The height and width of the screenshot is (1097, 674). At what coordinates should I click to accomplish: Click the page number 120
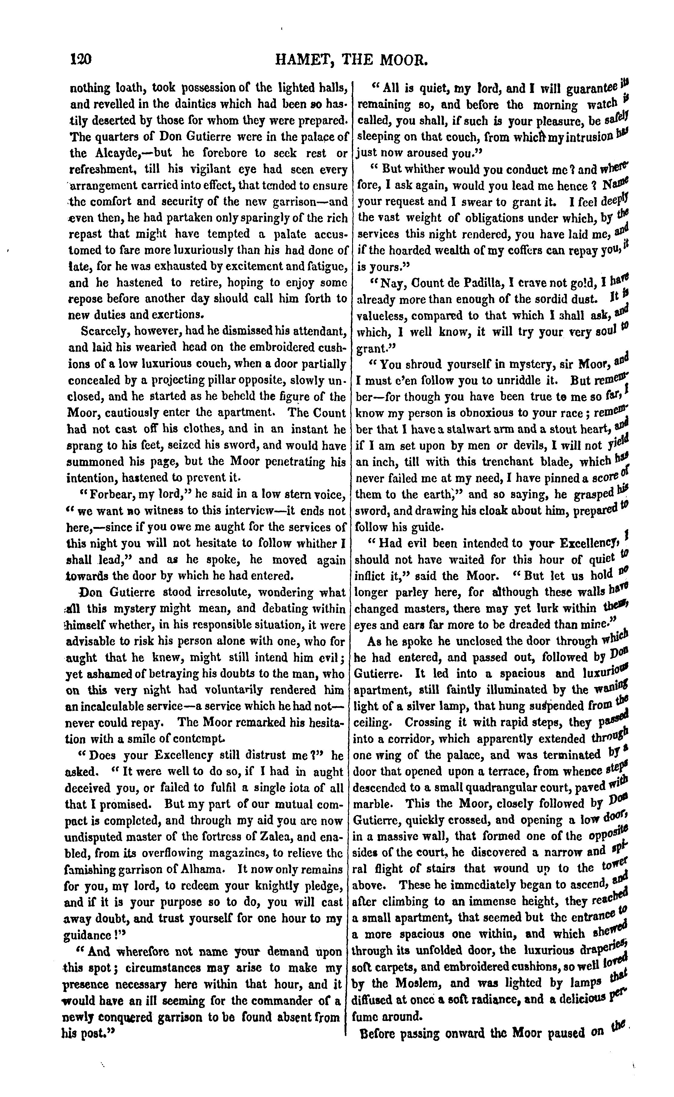click(x=81, y=59)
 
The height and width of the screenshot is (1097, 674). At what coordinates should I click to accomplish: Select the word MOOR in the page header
click(x=406, y=60)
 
